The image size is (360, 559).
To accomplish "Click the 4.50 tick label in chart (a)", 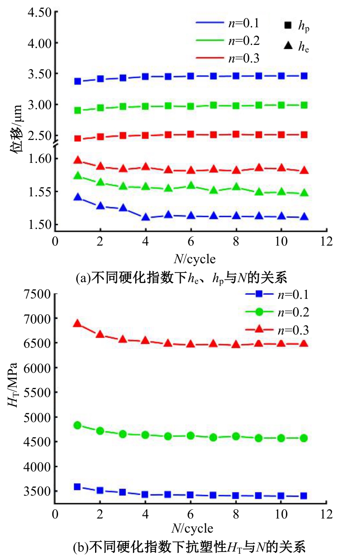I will (x=39, y=12).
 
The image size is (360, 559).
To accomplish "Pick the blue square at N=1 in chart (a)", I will (x=78, y=81).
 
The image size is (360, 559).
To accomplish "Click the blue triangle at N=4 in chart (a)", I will (x=146, y=217).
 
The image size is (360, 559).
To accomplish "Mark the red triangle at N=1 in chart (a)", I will (x=78, y=160).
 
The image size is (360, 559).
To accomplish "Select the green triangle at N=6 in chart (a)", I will (x=191, y=185).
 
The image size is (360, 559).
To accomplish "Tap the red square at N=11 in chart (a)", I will (x=304, y=135).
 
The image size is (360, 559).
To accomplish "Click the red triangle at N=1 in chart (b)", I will (x=78, y=324).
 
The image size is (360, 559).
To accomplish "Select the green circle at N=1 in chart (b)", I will (x=78, y=425).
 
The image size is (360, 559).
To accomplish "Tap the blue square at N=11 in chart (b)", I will (x=304, y=496).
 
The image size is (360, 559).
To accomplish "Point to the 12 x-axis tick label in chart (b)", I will (x=326, y=514).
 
